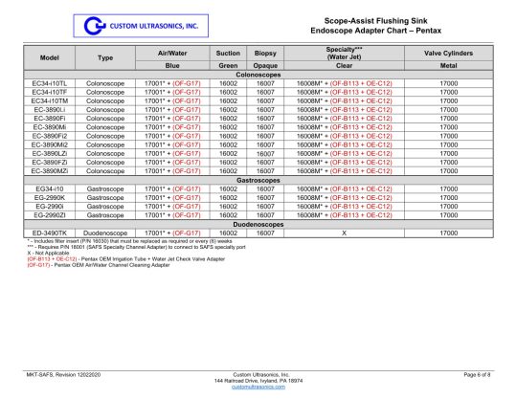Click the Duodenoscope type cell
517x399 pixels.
(x=106, y=233)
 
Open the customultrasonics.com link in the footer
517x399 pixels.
(x=258, y=388)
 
